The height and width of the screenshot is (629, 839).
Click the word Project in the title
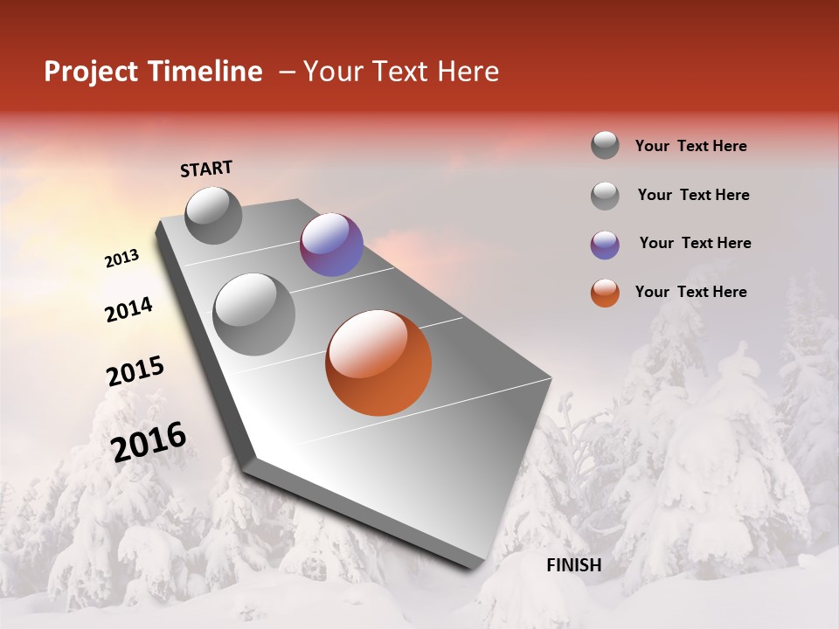click(x=91, y=72)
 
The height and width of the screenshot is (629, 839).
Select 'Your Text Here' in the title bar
click(x=400, y=72)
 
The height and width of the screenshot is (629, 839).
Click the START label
click(x=206, y=169)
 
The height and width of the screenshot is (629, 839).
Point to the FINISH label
click(x=573, y=565)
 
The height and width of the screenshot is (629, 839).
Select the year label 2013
click(x=121, y=259)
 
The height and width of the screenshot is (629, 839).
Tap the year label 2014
click(x=128, y=309)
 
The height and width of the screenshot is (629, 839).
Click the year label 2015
click(x=135, y=371)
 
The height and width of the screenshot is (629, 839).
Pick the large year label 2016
click(x=149, y=442)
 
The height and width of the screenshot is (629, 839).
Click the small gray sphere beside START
click(x=213, y=215)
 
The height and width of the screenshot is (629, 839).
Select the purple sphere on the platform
click(x=331, y=245)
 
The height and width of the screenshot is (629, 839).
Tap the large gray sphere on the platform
click(x=253, y=314)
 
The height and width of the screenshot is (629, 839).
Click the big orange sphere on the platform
click(x=378, y=363)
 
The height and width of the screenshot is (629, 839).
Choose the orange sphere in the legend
click(x=605, y=293)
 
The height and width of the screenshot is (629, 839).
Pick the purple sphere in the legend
click(x=605, y=245)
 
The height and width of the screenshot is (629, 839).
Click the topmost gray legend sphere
click(x=605, y=145)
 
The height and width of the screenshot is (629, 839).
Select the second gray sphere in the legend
click(x=605, y=196)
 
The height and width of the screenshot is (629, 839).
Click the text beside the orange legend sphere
click(x=690, y=292)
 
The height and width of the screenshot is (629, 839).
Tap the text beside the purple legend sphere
click(x=695, y=243)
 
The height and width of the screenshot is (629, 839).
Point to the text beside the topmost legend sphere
click(x=690, y=146)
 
